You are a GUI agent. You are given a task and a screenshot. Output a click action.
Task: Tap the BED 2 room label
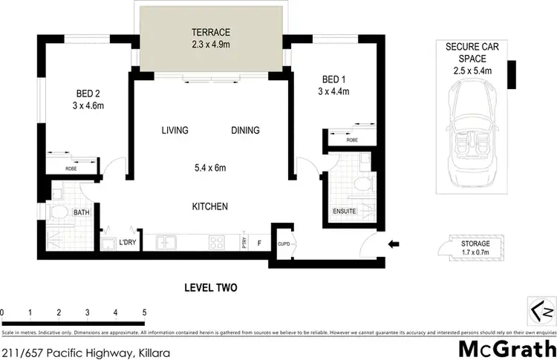point(88,94)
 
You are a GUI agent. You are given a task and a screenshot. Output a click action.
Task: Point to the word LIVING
point(175,131)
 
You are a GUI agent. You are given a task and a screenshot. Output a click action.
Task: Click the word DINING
point(245,131)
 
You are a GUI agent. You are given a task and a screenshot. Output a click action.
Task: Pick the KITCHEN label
point(209,206)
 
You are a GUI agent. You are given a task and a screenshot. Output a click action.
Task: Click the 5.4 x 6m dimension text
point(209,168)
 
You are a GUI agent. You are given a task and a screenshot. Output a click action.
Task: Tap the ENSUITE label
point(344,212)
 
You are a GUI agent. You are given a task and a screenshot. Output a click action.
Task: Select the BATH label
point(81,213)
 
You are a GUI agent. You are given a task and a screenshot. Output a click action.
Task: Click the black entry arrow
point(394,243)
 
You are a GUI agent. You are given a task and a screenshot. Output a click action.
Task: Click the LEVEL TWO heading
point(210,287)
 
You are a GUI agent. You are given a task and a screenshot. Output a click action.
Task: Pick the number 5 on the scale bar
point(144,312)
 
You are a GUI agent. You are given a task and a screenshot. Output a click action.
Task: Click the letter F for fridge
point(259,242)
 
